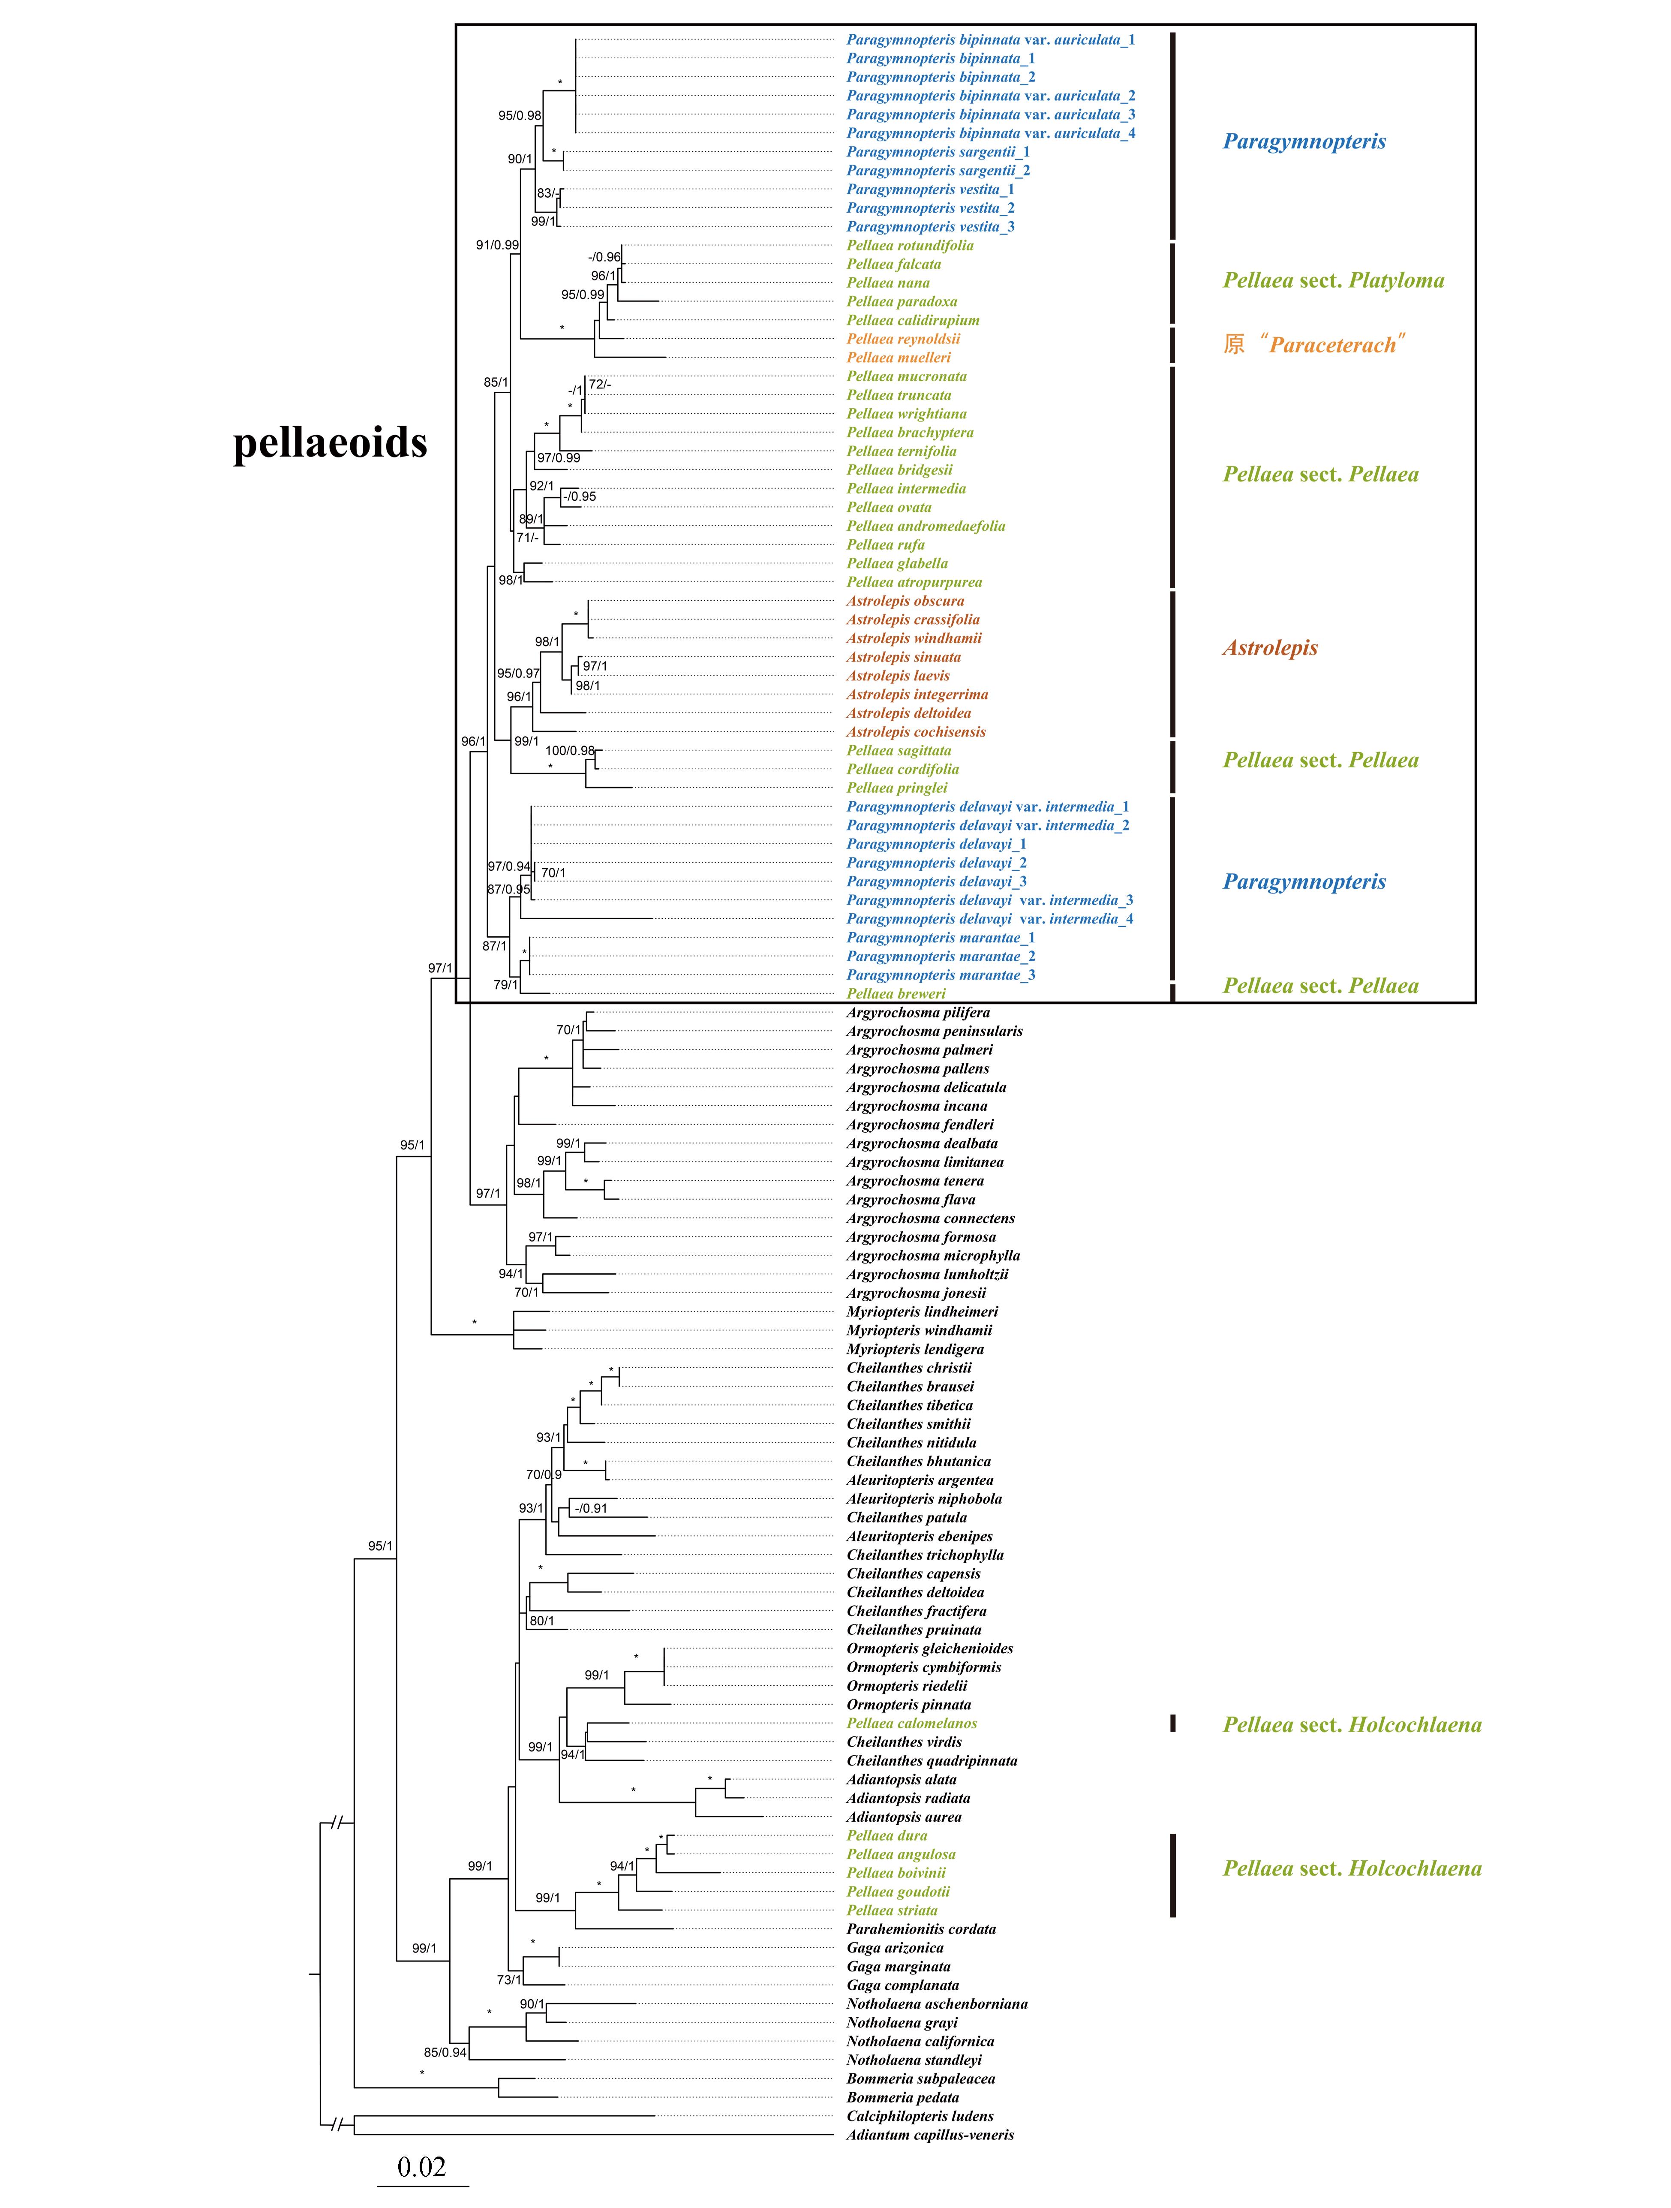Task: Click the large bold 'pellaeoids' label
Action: point(331,442)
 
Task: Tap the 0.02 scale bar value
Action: point(421,2167)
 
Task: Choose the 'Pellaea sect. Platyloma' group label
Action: point(1333,280)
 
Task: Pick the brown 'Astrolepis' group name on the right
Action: point(1270,648)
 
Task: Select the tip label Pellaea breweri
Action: point(896,994)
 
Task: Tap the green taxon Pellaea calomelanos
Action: point(911,1724)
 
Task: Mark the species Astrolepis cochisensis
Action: point(915,732)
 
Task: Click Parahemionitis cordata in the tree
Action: point(920,1929)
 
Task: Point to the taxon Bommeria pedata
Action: point(902,2097)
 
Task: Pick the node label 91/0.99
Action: point(497,244)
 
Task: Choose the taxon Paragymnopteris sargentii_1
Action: point(938,152)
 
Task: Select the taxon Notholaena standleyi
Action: point(914,2060)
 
